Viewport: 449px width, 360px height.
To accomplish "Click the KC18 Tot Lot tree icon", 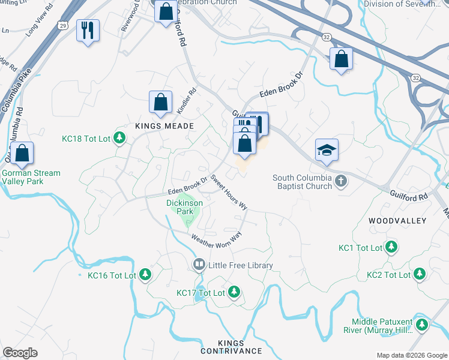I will (x=120, y=139).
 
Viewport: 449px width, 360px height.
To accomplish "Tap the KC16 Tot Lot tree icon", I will (x=145, y=275).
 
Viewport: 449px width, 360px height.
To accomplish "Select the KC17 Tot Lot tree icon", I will (x=234, y=293).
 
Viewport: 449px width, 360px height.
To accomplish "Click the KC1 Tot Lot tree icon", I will (x=391, y=247).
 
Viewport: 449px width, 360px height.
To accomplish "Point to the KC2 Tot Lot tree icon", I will (x=420, y=275).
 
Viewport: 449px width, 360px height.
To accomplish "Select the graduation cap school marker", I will (x=327, y=150).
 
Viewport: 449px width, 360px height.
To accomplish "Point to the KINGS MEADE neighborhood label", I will (x=155, y=126).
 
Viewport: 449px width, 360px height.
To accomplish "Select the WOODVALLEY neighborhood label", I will (x=397, y=221).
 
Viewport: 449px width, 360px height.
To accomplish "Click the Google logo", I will (x=20, y=352).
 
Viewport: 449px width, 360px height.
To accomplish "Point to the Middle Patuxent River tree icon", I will (x=423, y=325).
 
